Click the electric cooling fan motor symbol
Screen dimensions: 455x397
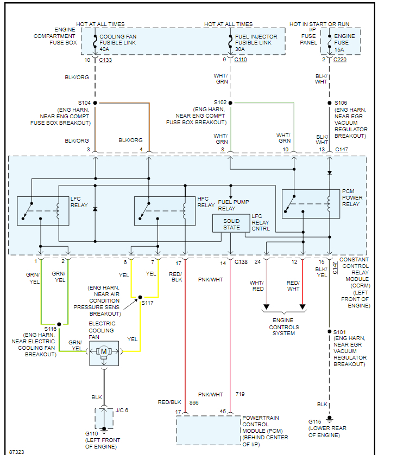tap(104, 351)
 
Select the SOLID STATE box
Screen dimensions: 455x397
tap(231, 224)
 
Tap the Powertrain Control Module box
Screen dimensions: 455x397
tap(208, 430)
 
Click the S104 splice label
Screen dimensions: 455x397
tap(84, 102)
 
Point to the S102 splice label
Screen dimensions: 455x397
tap(220, 102)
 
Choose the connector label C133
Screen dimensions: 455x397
tap(105, 59)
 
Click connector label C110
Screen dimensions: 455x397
tap(241, 59)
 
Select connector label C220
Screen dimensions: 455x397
tap(340, 59)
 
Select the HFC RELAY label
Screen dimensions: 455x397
tap(206, 202)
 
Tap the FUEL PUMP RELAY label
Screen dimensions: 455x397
tap(234, 205)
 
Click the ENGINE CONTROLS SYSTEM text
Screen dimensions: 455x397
tap(283, 327)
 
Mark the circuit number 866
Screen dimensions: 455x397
tap(194, 403)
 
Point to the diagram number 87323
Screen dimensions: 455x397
tap(16, 451)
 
